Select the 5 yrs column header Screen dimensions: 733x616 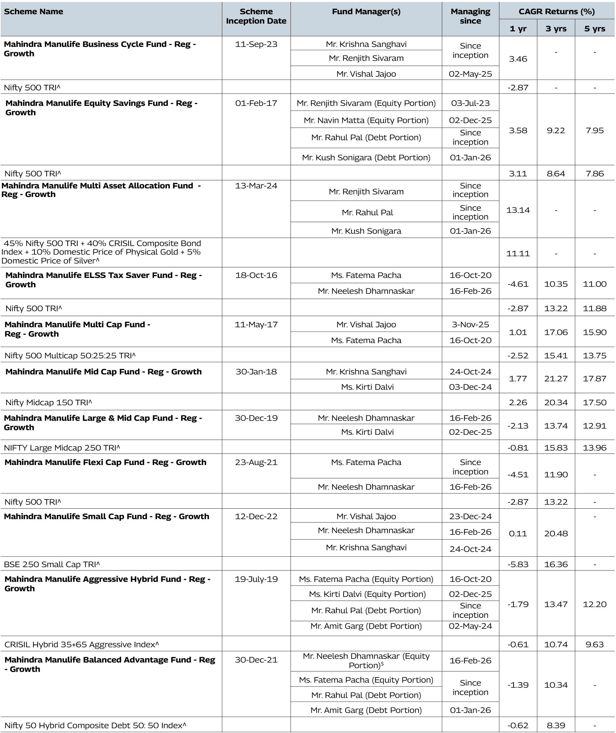tap(594, 29)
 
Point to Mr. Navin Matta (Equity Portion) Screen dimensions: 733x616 tap(366, 120)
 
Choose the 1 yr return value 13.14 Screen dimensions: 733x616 tap(518, 210)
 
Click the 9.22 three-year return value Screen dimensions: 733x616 tap(556, 130)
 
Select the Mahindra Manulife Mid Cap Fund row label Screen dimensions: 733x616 tap(103, 371)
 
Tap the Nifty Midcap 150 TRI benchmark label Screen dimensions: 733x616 tap(48, 402)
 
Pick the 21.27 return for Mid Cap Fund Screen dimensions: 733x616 tap(556, 378)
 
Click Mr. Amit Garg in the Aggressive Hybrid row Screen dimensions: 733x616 tap(366, 626)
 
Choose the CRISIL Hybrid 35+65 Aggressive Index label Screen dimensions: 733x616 tap(81, 644)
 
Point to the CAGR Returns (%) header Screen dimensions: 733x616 tap(556, 12)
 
